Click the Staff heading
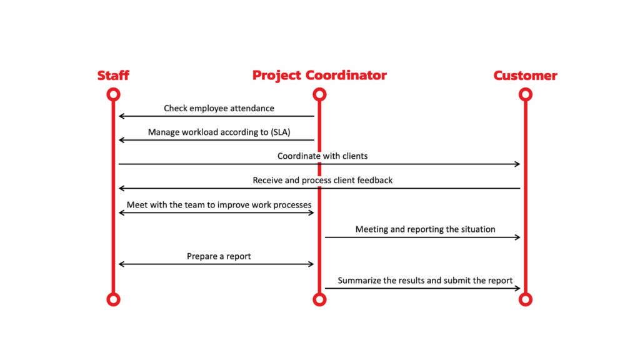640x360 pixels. (113, 76)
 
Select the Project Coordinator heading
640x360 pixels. (319, 76)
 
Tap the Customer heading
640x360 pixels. (525, 76)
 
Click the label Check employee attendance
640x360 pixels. (219, 109)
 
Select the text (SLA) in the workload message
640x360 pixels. (281, 132)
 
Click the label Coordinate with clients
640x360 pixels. (322, 156)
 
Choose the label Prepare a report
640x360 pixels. (219, 256)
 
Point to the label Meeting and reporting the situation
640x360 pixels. (425, 229)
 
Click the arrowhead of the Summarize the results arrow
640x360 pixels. (517, 288)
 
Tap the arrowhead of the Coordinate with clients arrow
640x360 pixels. (517, 164)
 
